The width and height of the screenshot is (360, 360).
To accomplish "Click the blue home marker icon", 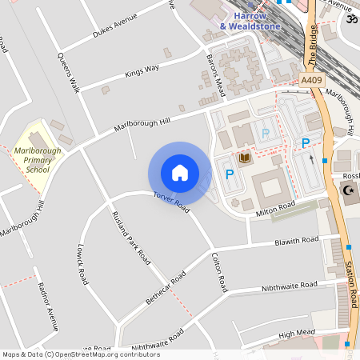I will point(180,172).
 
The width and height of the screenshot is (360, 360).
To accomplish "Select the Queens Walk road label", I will point(68,73).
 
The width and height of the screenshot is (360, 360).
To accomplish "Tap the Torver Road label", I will point(170,202).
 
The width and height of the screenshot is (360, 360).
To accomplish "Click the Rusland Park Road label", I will point(131,237).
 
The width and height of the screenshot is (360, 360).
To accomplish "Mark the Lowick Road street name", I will point(82,265).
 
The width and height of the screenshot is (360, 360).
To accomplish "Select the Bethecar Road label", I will point(166,286).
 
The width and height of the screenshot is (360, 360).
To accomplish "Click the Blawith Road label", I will point(296,240).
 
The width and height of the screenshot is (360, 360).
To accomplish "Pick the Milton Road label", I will point(276,210).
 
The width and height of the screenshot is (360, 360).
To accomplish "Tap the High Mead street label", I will point(298,334).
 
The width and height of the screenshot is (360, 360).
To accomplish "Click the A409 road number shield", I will point(311,80).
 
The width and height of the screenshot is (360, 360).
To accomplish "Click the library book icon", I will point(244,158).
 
